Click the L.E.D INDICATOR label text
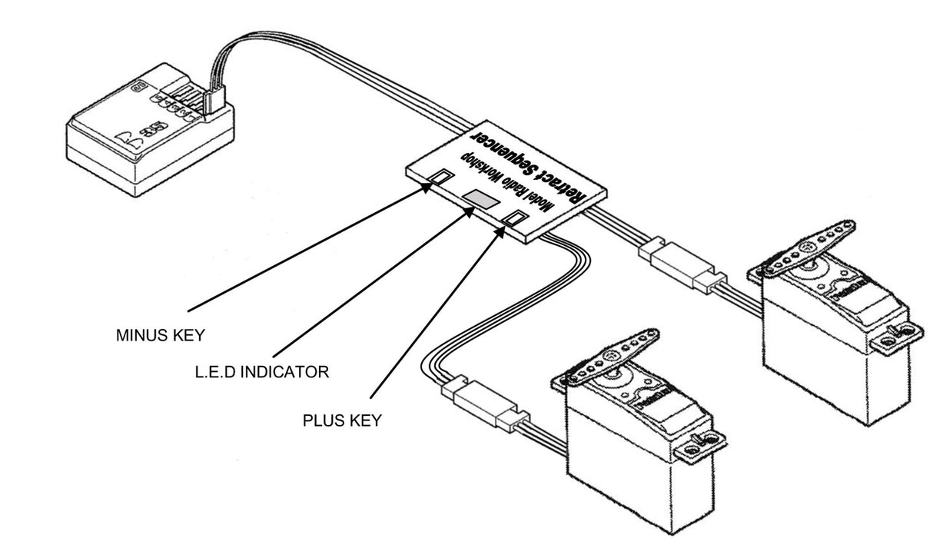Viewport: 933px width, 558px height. [262, 373]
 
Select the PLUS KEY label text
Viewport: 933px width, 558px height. [342, 421]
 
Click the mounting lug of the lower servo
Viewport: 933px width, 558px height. [706, 445]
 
